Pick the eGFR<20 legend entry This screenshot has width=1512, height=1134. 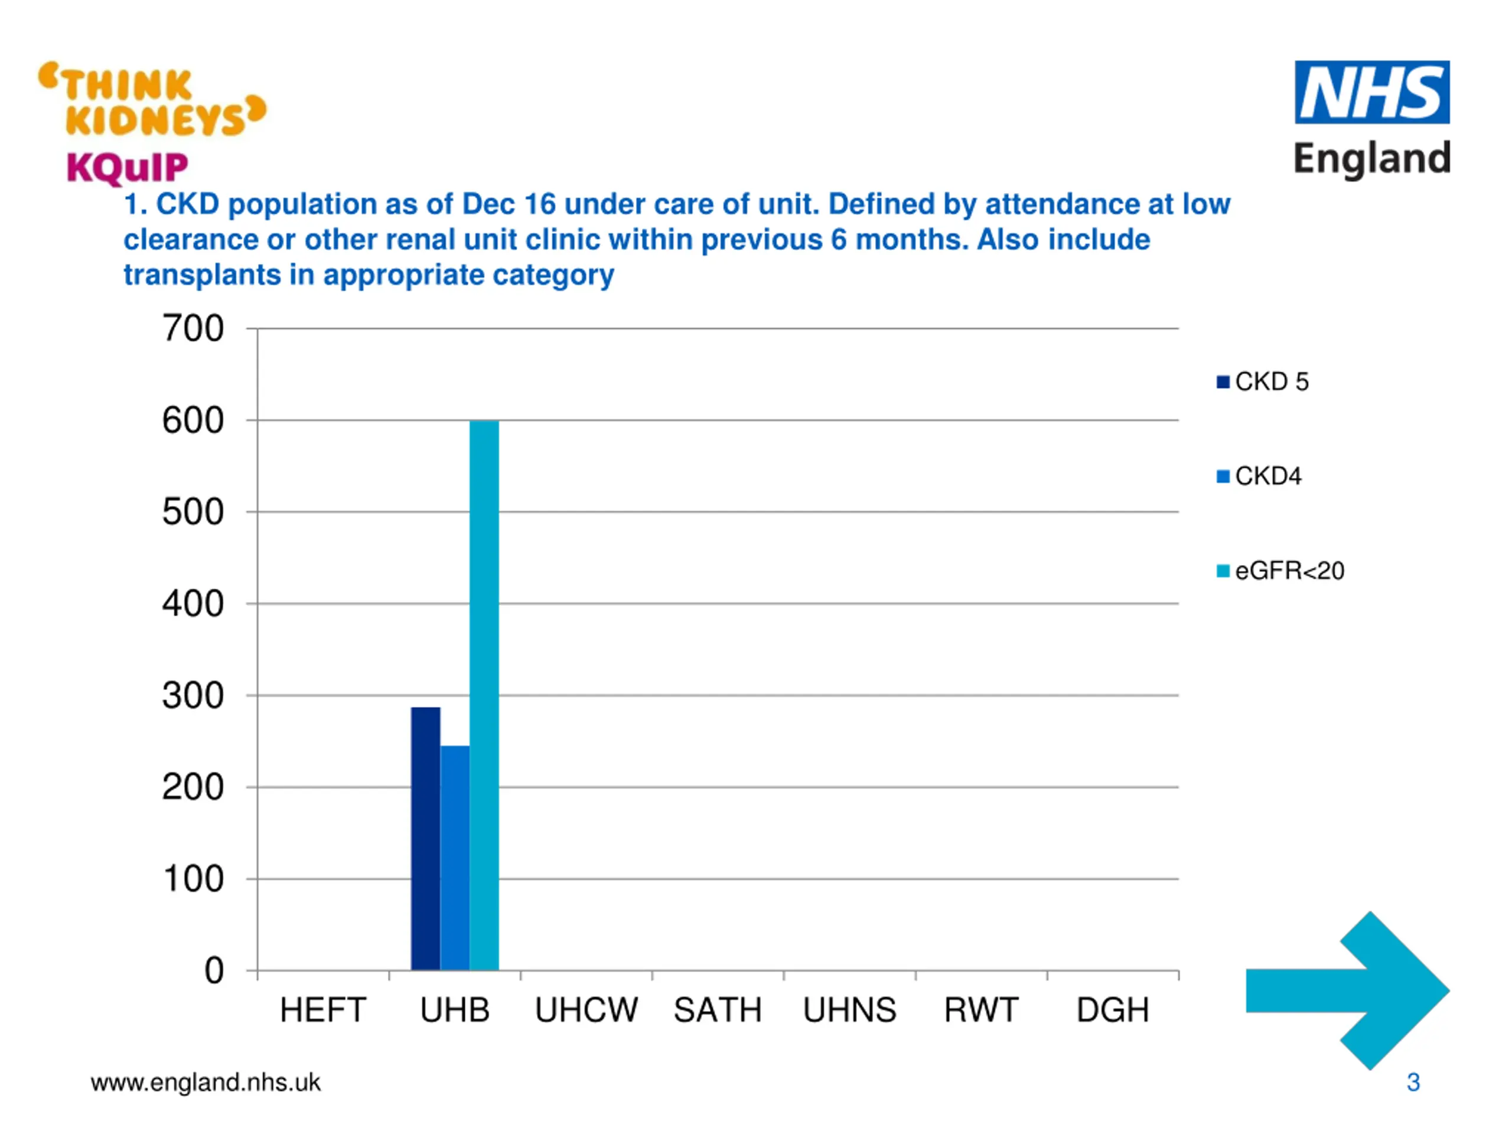coord(1280,570)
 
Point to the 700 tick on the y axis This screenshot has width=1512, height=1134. coord(193,329)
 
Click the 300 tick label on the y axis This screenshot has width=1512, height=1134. coord(193,696)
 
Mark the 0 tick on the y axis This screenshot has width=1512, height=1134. coord(214,970)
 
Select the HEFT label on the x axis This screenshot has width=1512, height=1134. coord(322,1009)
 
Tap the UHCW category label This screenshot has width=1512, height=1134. coord(586,1009)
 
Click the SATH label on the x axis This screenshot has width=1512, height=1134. coord(718,1009)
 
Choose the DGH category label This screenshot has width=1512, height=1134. coord(1113,1009)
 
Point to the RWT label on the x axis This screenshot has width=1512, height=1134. coord(981,1009)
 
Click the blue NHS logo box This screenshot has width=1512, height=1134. coord(1371,92)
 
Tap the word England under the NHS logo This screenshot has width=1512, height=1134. coord(1371,158)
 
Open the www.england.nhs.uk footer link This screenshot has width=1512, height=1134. coord(205,1082)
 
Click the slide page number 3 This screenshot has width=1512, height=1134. coord(1413,1082)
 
